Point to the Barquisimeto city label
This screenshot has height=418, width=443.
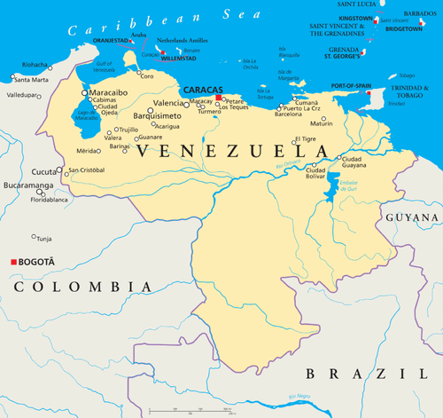[x=157, y=115]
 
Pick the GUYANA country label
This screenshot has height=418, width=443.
[x=410, y=216]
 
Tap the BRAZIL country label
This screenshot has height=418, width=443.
[x=359, y=374]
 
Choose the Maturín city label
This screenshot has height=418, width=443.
[x=323, y=123]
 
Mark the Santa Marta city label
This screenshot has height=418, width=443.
[x=32, y=80]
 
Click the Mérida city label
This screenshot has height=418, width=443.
[x=89, y=151]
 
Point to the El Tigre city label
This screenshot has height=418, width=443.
[x=306, y=138]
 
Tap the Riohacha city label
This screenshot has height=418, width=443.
[x=36, y=65]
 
